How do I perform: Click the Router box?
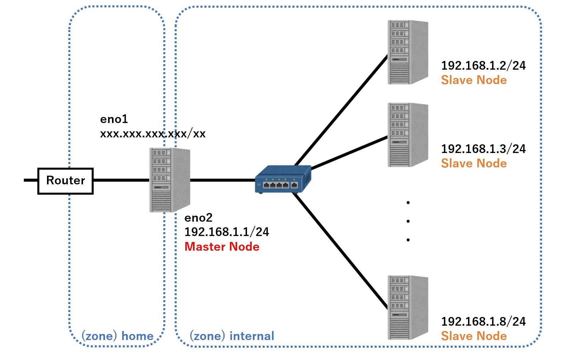tap(65, 181)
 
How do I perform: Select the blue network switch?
tap(283, 180)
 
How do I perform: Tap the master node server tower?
tap(169, 180)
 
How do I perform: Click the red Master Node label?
tap(222, 247)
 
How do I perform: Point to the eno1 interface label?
tap(114, 119)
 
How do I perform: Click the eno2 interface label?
tap(198, 218)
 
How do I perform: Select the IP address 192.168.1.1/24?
tap(227, 232)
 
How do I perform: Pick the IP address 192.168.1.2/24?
tap(483, 66)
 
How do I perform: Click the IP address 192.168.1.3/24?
tap(483, 149)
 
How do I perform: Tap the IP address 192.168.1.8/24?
tap(483, 322)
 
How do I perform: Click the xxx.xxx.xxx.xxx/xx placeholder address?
tap(153, 134)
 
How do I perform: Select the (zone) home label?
tap(118, 336)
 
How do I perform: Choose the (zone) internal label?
tap(232, 336)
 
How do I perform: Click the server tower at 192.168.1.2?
tap(408, 52)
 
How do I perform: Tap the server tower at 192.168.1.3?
tap(408, 135)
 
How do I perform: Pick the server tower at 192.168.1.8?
tap(408, 307)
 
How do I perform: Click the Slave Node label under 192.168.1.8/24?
tap(474, 336)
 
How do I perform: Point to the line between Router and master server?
tap(121, 180)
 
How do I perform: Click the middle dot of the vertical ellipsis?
tap(408, 221)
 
